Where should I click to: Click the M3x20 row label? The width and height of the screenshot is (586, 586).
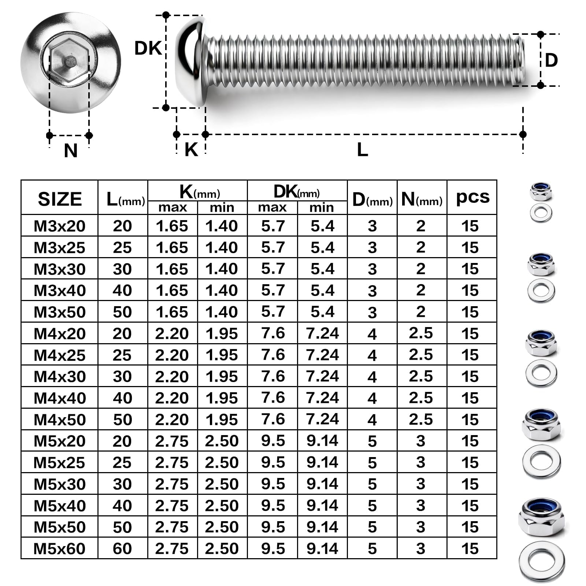coord(59,226)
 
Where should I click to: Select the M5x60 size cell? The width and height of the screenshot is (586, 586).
coord(59,549)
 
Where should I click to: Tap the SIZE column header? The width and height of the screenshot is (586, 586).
coord(60,199)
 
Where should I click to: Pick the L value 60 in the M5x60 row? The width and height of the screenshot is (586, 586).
coord(122,549)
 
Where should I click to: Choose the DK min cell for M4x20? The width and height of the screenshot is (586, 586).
coord(322,333)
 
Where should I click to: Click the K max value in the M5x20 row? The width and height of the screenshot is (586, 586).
coord(172,441)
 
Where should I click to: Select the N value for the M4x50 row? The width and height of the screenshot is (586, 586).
coord(421,419)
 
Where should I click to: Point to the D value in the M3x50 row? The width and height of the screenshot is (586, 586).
coord(372,312)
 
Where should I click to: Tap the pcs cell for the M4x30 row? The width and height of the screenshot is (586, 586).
coord(470,377)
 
